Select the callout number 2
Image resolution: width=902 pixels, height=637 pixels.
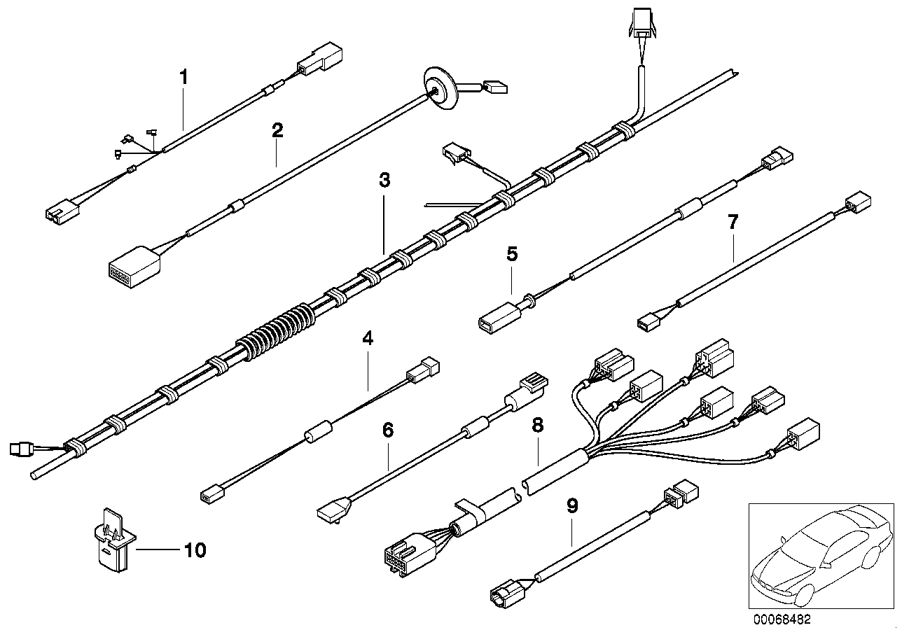click(x=277, y=129)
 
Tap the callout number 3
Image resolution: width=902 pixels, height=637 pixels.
click(x=384, y=180)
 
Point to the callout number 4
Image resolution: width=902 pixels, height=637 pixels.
click(x=368, y=339)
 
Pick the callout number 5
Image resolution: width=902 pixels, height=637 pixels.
click(x=512, y=253)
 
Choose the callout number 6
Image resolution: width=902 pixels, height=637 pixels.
click(x=388, y=429)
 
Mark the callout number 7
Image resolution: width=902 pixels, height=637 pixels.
click(x=733, y=223)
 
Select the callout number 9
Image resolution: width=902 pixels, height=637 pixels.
click(x=572, y=505)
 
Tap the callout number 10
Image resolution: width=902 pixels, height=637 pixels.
click(x=195, y=550)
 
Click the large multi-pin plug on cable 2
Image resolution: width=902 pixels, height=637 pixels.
click(x=133, y=264)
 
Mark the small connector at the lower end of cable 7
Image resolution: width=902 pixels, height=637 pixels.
click(x=648, y=321)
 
